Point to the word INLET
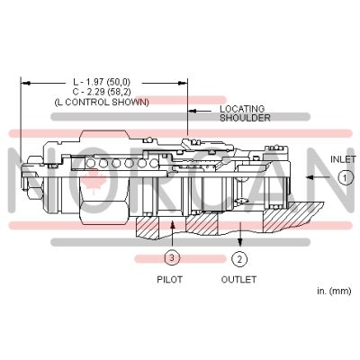(x=343, y=159)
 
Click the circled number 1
(x=345, y=177)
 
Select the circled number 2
(x=238, y=259)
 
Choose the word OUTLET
(x=238, y=280)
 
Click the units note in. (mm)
(x=333, y=292)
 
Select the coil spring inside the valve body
(x=117, y=164)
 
